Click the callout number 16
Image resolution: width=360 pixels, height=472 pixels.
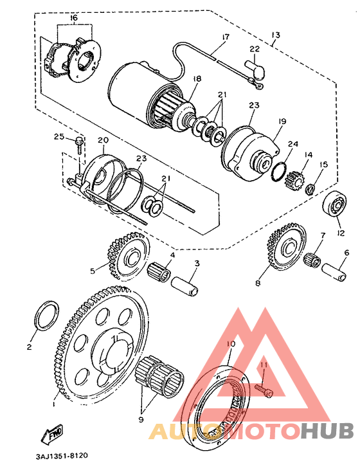tap(74, 18)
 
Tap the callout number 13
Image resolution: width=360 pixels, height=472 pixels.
tap(275, 35)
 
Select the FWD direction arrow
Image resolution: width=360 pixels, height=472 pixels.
tap(52, 434)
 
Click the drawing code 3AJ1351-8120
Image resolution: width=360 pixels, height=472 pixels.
tap(62, 456)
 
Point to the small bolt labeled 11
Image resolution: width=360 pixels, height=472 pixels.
tap(265, 391)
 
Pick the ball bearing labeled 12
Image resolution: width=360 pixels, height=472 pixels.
tap(334, 204)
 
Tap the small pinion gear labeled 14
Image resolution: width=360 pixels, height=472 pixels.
tap(294, 182)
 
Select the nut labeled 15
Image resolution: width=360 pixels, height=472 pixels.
tap(310, 190)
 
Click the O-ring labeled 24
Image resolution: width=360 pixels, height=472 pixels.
tap(278, 172)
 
